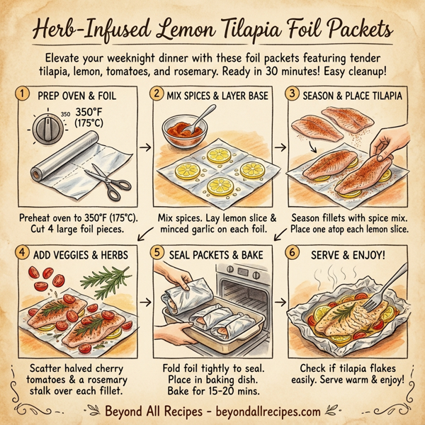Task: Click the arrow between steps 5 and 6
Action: [278, 303]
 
